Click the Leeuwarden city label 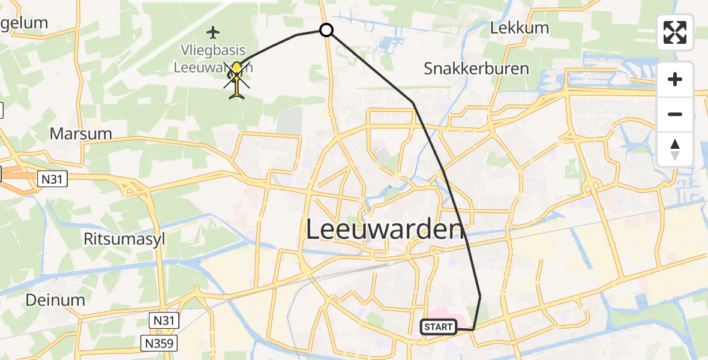point(385,229)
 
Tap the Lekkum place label point(511,28)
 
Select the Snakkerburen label point(476,68)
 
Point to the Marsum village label point(81,133)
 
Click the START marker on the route point(439,327)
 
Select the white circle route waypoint point(326,29)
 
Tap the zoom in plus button point(675,80)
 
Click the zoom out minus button point(675,114)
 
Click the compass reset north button point(675,149)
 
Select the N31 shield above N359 point(163,320)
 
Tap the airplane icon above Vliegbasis point(213,31)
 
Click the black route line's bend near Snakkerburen point(413,103)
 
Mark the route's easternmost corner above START point(481,296)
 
